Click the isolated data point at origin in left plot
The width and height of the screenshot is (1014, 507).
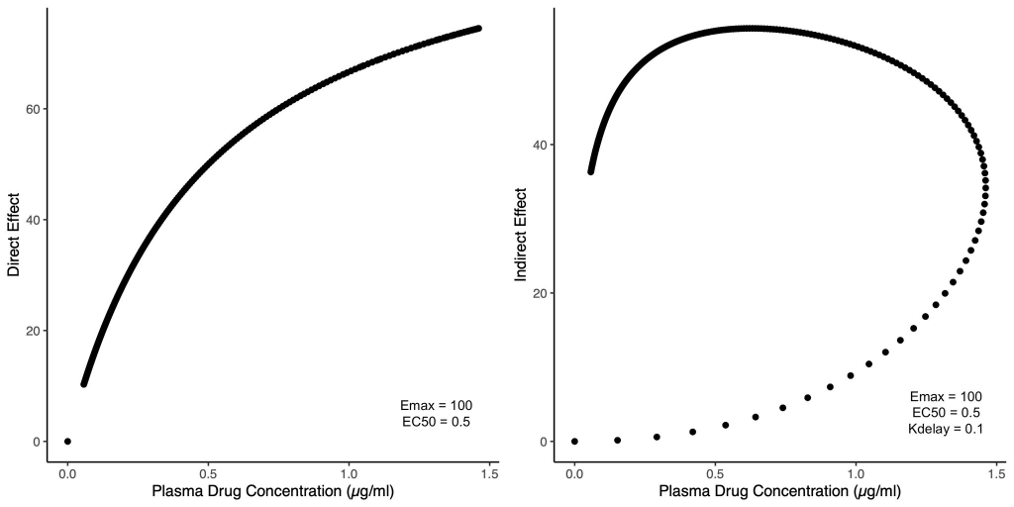tap(67, 442)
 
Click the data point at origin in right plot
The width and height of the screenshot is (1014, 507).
tap(574, 442)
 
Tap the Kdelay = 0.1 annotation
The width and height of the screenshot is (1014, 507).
tap(944, 429)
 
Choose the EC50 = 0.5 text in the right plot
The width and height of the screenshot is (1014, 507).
tap(944, 413)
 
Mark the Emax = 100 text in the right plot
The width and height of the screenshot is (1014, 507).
tap(944, 396)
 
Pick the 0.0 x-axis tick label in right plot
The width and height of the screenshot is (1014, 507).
tap(574, 472)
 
